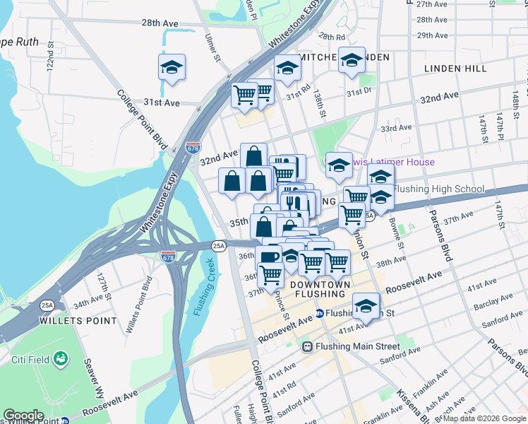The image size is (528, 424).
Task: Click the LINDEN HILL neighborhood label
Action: pos(455,69)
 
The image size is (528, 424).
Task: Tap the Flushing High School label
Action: pos(438,189)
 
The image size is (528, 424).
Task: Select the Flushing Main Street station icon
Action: pos(307,346)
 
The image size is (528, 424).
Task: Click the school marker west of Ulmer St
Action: pos(172,68)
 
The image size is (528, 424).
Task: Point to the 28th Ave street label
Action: pos(160,23)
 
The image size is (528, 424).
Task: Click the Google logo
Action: pos(24,416)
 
